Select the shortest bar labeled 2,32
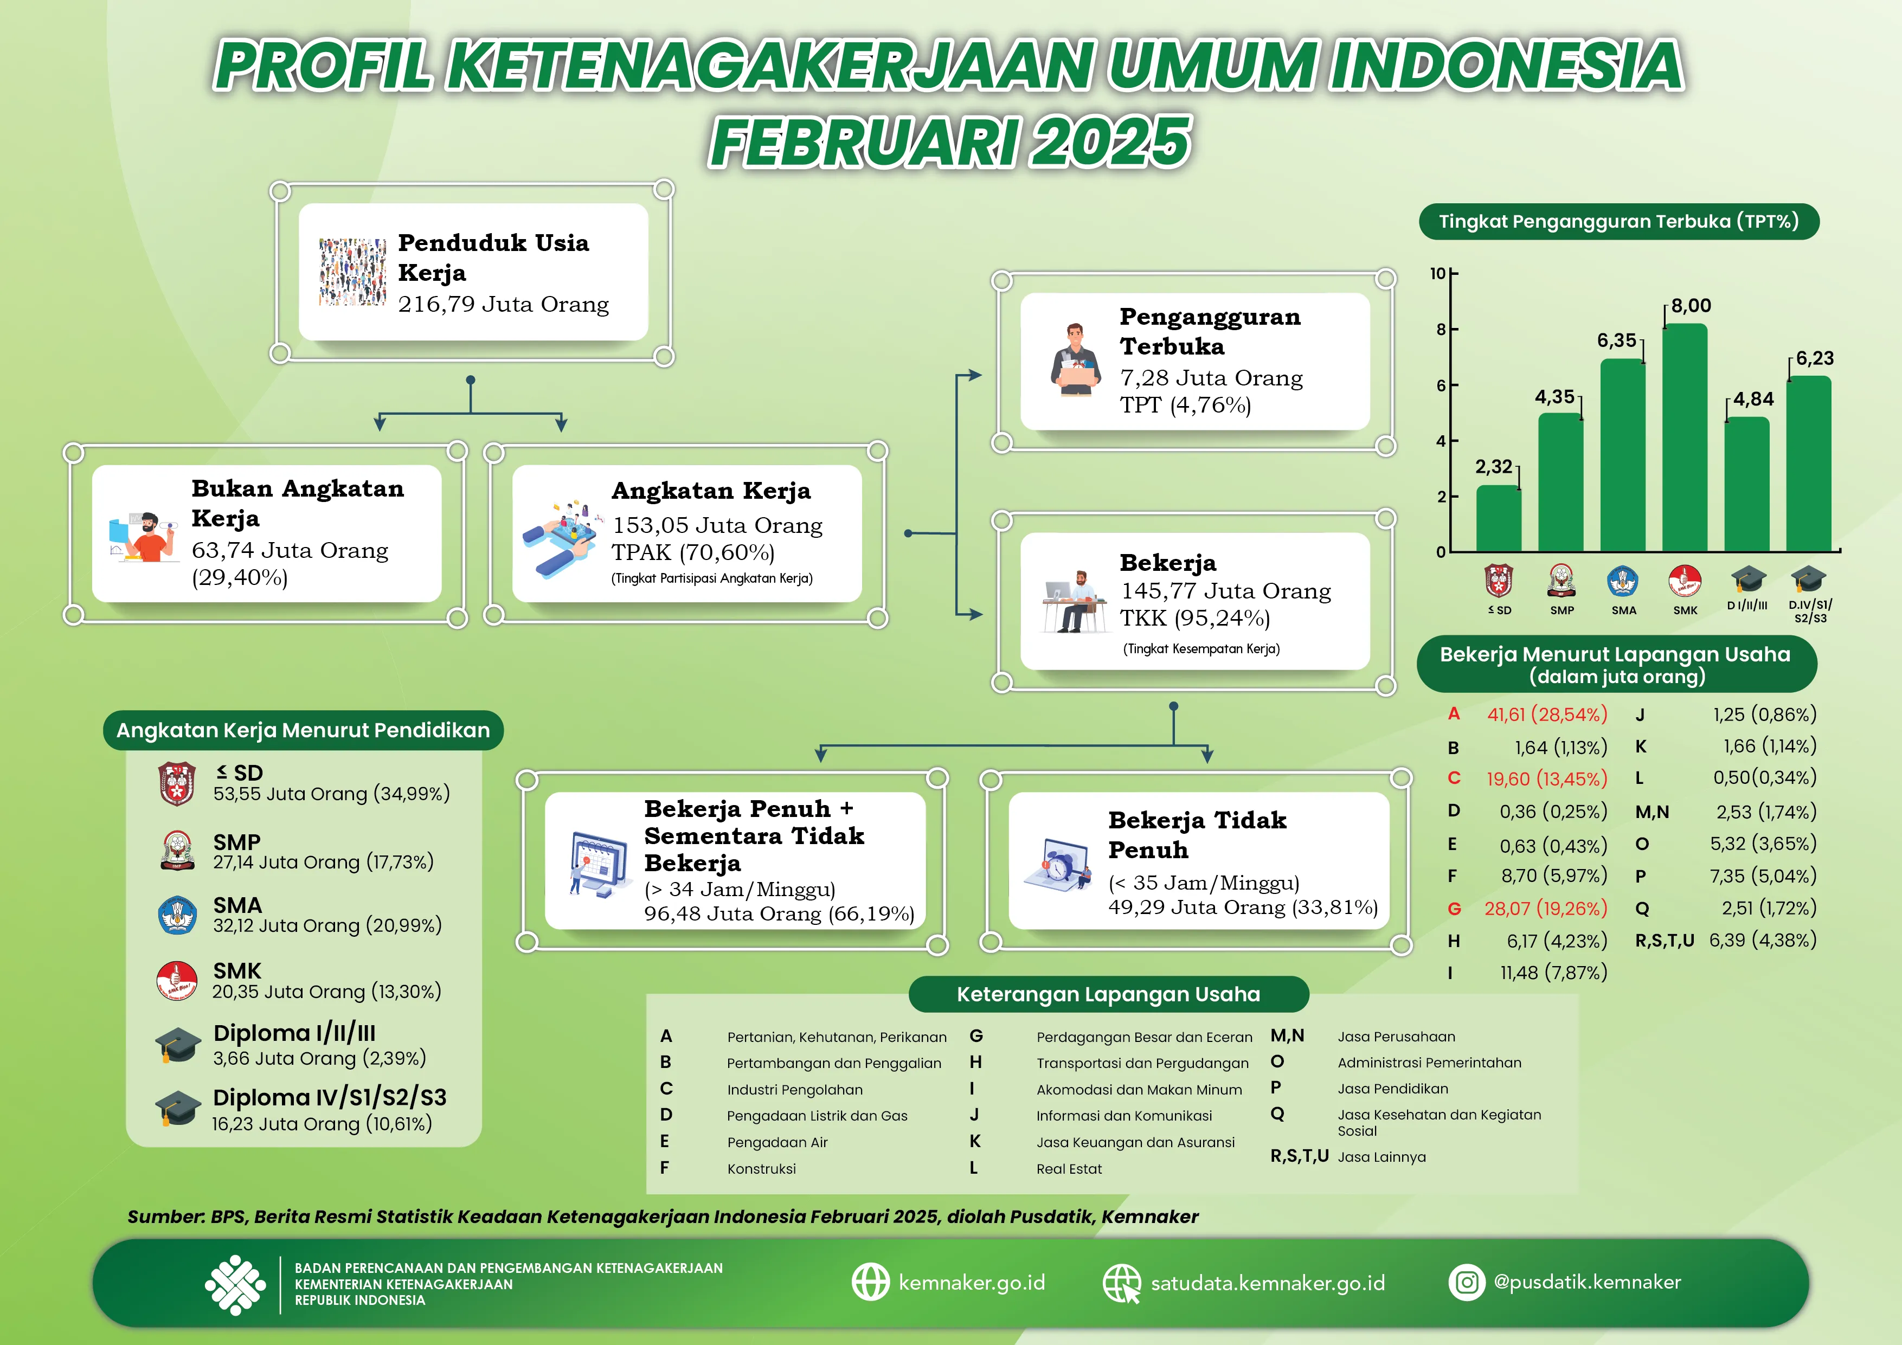[x=1499, y=518]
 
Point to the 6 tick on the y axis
[x=1442, y=385]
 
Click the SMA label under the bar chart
[x=1624, y=610]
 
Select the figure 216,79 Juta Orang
[x=503, y=304]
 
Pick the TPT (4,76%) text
[x=1185, y=405]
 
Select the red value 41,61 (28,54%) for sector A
[x=1547, y=714]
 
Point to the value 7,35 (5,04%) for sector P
[x=1763, y=876]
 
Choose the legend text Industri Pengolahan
[x=794, y=1090]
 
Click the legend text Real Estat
[x=1069, y=1169]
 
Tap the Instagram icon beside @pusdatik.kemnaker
[x=1466, y=1282]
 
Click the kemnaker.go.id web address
[x=972, y=1282]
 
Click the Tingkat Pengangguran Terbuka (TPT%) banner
[x=1618, y=222]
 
